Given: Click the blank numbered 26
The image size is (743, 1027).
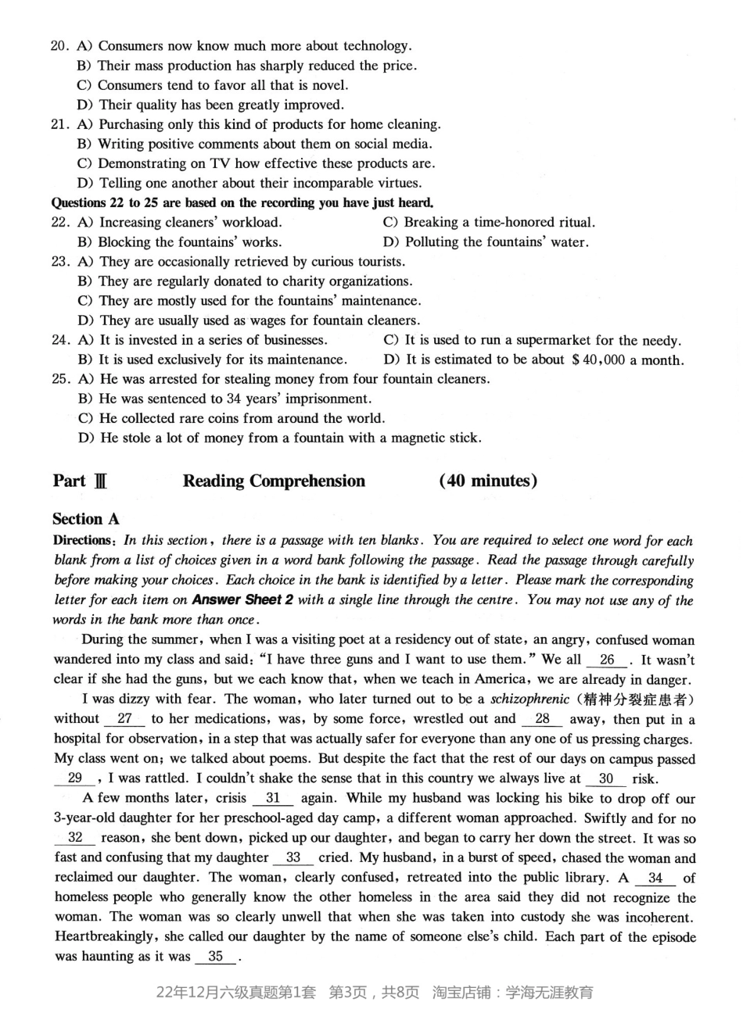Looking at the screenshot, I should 607,660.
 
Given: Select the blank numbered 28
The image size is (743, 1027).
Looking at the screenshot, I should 543,718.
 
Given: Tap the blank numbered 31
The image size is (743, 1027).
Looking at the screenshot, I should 273,798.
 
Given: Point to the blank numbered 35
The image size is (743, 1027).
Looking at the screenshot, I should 216,956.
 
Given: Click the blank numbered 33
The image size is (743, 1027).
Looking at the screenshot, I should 293,857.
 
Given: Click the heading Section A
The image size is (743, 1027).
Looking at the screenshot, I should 87,519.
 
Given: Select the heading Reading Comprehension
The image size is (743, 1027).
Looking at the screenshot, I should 274,481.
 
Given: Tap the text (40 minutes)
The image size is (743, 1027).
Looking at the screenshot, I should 488,481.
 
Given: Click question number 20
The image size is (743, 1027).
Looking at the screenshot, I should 61,46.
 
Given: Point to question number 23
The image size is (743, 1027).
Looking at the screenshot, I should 61,262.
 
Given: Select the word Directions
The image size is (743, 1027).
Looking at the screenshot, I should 84,540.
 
